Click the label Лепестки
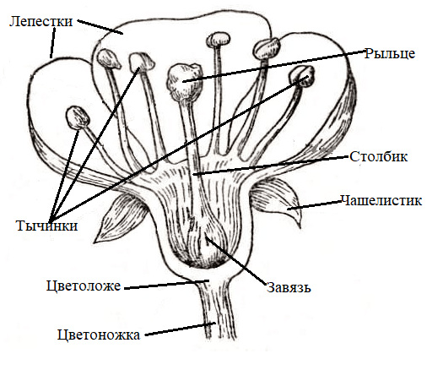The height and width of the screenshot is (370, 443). coord(41,21)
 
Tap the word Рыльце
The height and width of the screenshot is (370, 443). coord(390,53)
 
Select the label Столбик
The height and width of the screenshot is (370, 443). coord(379,156)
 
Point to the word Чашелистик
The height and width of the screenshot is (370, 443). coord(381,200)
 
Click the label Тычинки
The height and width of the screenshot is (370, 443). coord(47,226)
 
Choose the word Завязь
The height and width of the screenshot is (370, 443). coord(289,287)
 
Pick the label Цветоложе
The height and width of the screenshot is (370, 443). coord(84,286)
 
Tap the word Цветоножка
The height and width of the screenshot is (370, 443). coord(99,335)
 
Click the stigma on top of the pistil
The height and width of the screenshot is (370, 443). coord(185,81)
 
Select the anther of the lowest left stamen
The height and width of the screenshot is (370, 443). coord(78,117)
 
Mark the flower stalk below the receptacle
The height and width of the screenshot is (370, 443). coord(218,311)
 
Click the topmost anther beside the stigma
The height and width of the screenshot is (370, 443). coord(218,39)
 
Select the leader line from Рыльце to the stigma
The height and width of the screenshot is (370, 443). coord(274,66)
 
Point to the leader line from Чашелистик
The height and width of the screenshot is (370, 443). coord(315,205)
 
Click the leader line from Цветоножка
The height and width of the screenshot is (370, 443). coord(181,329)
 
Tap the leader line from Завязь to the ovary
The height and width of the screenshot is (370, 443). coord(235,259)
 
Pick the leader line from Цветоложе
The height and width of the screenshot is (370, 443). coord(166,285)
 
